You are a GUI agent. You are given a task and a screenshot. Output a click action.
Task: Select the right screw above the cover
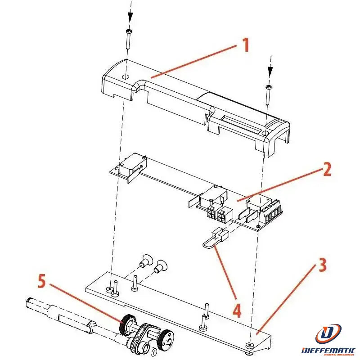(269, 94)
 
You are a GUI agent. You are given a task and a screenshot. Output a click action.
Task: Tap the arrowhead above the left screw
(130, 17)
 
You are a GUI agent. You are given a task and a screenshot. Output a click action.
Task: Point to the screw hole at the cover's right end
(266, 133)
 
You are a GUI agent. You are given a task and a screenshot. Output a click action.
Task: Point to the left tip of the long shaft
(28, 301)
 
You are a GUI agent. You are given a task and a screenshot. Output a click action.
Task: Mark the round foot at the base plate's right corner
(249, 345)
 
